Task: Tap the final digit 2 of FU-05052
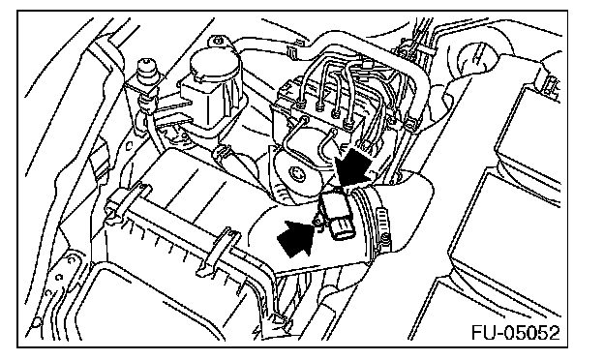click(554, 332)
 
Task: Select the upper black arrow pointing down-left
click(351, 167)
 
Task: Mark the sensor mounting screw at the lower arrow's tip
click(317, 222)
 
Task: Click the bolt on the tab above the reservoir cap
click(219, 40)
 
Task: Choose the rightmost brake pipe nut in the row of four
click(348, 124)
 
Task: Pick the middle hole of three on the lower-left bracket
click(59, 277)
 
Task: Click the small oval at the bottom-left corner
click(36, 321)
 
